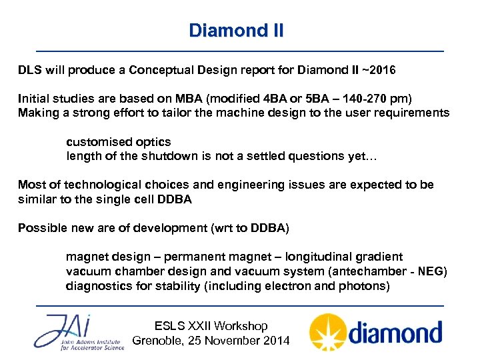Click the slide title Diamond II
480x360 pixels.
236,31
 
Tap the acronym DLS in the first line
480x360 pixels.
30,70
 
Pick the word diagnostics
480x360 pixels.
98,286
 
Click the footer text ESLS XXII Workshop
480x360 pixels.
211,326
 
